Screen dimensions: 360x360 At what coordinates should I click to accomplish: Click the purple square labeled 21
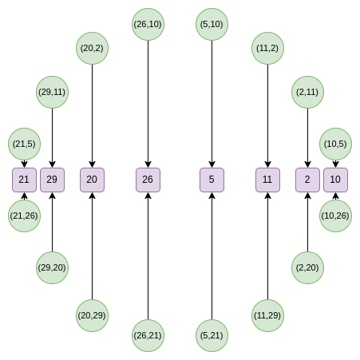[24, 180]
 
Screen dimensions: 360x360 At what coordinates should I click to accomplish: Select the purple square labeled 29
[52, 180]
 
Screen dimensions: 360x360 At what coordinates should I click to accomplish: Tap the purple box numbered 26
[148, 180]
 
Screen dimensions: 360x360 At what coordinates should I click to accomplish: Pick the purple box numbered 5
[212, 180]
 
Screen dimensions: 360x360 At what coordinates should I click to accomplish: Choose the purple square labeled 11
[267, 180]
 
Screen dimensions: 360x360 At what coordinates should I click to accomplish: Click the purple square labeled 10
[335, 180]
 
